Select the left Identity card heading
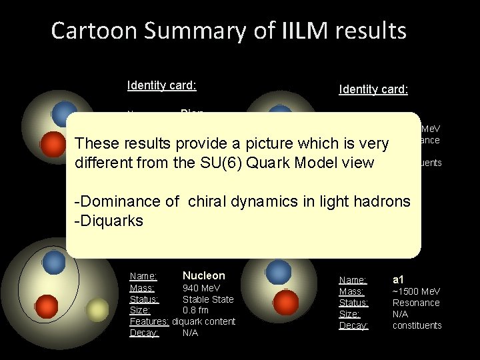(x=161, y=85)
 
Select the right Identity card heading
(x=373, y=89)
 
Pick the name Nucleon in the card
(x=203, y=275)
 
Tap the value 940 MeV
(x=201, y=288)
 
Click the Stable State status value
(x=208, y=299)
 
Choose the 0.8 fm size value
(x=195, y=310)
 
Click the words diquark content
(x=203, y=321)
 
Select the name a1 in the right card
(x=399, y=280)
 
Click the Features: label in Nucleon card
(x=149, y=321)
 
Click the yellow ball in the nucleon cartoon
(x=97, y=308)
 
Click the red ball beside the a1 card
(x=285, y=303)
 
